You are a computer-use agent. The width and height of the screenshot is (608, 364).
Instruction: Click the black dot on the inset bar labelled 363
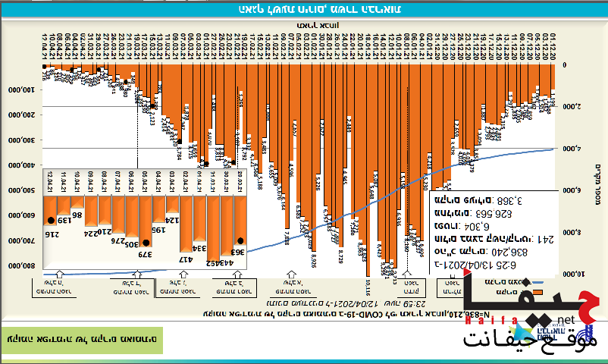240,240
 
